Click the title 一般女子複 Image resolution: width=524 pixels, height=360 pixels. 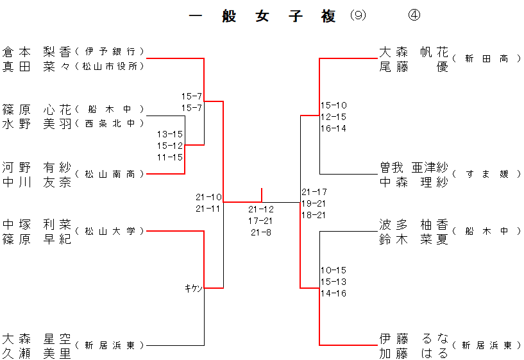263,17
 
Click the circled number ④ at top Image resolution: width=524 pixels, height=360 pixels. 414,16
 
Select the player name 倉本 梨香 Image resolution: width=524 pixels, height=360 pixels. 37,51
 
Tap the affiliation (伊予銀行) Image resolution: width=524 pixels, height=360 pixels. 110,51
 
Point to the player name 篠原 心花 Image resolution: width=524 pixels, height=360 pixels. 37,109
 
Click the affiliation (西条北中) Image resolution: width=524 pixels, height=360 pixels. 110,123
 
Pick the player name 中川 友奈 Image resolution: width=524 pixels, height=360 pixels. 37,182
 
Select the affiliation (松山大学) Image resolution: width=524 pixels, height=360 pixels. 110,231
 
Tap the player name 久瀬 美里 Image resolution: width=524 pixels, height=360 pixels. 37,353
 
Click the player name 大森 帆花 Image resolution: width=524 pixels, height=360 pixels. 414,51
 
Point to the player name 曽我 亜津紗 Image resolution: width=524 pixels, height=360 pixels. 414,167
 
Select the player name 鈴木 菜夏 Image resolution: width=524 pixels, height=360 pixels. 414,239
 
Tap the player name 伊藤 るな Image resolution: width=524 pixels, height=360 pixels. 414,338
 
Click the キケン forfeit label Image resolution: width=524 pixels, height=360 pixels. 194,289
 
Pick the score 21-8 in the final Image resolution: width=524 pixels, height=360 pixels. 260,232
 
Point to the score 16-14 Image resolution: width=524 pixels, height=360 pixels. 334,128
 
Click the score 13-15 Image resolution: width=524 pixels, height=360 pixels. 170,134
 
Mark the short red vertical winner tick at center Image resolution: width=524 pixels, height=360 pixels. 262,194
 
